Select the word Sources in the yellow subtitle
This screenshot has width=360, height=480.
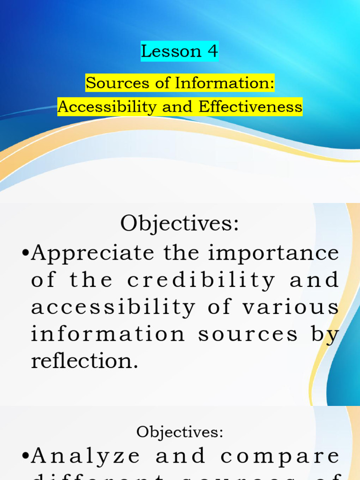pyautogui.click(x=110, y=83)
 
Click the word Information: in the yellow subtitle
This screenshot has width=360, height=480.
pyautogui.click(x=225, y=83)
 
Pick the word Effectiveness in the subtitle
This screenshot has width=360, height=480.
pyautogui.click(x=250, y=107)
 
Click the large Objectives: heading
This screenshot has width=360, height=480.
pyautogui.click(x=180, y=223)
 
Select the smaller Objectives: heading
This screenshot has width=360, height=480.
pyautogui.click(x=180, y=432)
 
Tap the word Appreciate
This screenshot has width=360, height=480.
pyautogui.click(x=92, y=254)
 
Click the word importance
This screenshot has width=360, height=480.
pyautogui.click(x=273, y=254)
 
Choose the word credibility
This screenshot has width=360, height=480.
pyautogui.click(x=201, y=280)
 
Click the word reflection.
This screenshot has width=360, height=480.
pyautogui.click(x=84, y=361)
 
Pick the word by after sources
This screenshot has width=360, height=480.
pyautogui.click(x=327, y=335)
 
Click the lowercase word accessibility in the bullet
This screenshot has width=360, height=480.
pyautogui.click(x=113, y=307)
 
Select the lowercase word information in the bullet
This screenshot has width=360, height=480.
pyautogui.click(x=108, y=335)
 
